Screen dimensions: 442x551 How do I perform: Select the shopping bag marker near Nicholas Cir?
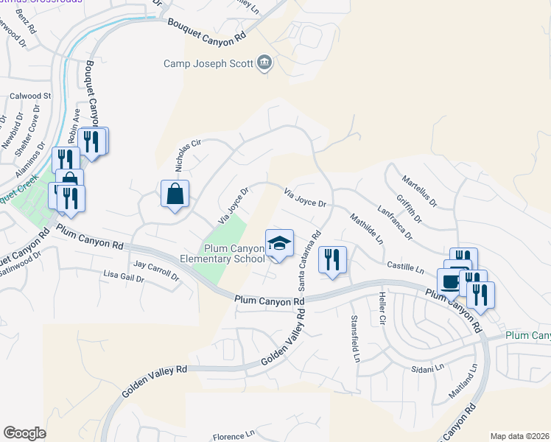click(x=175, y=194)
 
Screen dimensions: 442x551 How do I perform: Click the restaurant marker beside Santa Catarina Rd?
click(x=332, y=260)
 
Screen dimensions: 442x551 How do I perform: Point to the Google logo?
click(x=24, y=432)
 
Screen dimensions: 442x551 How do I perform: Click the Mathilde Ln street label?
click(x=367, y=228)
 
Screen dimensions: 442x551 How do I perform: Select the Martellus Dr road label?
click(x=420, y=191)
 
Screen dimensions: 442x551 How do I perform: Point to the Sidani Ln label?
click(x=428, y=367)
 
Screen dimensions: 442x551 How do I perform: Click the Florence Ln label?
click(x=233, y=435)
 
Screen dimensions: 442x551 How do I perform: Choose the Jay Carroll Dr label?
click(x=156, y=270)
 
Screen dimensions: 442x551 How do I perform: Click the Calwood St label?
click(x=31, y=96)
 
